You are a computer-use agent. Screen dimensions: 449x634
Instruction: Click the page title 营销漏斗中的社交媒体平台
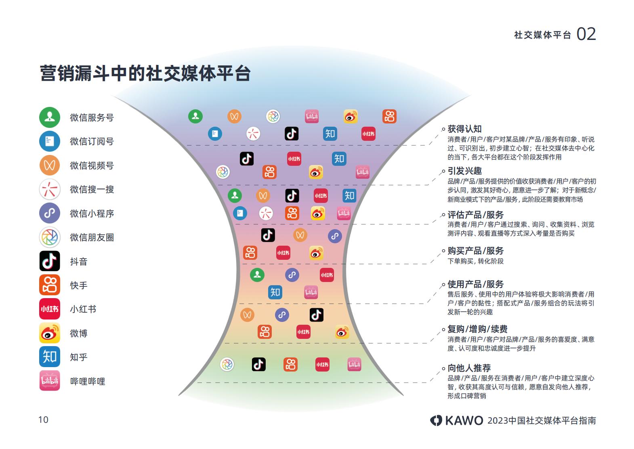[145, 73]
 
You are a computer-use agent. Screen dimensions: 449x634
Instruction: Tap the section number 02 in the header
[586, 34]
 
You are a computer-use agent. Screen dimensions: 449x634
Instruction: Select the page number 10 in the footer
[43, 420]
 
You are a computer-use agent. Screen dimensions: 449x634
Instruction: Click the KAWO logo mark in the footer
[436, 420]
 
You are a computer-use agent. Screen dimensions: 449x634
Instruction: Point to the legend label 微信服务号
[92, 117]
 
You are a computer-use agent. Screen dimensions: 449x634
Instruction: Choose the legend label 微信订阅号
[92, 141]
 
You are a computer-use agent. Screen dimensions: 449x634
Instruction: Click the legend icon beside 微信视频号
[50, 165]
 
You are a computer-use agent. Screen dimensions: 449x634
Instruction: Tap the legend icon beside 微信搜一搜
[50, 189]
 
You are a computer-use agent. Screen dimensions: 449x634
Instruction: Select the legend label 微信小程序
[92, 213]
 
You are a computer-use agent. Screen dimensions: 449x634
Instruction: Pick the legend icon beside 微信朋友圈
[50, 237]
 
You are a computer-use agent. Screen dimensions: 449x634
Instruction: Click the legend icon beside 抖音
[50, 261]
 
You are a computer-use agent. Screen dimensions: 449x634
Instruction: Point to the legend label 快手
[78, 285]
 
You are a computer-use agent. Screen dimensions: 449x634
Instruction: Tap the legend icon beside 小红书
[50, 309]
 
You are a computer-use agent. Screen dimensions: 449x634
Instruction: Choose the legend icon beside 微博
[50, 333]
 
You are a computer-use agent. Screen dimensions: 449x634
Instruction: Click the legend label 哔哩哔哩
[88, 381]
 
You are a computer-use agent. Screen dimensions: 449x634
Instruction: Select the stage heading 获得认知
[464, 129]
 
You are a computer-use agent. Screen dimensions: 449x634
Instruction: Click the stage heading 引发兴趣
[464, 171]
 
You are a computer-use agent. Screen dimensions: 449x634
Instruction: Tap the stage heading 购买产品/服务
[475, 251]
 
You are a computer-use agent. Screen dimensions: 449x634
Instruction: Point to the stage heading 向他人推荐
[469, 368]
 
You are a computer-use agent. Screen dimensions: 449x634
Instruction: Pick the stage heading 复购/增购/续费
[477, 329]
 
